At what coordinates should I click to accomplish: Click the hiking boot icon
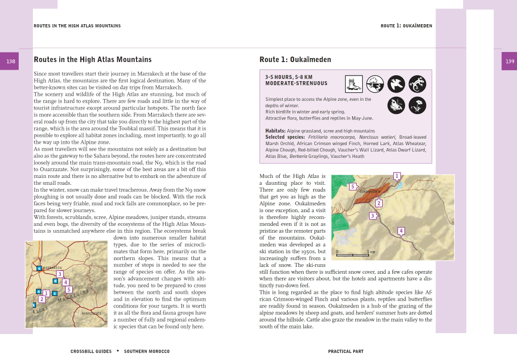(353, 84)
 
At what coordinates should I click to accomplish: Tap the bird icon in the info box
(396, 84)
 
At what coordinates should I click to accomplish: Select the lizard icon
(417, 84)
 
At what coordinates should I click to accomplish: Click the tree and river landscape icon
(375, 84)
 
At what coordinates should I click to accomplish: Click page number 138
(10, 61)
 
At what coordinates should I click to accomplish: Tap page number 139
(509, 61)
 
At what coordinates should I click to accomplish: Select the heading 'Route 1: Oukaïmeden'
(295, 60)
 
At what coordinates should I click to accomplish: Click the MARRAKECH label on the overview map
(52, 268)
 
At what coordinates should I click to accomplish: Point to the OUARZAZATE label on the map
(91, 314)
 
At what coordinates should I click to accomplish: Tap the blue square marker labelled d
(55, 281)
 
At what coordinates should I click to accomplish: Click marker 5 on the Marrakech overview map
(69, 289)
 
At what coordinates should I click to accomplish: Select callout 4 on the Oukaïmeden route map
(401, 231)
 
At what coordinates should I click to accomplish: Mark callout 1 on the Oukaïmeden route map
(397, 176)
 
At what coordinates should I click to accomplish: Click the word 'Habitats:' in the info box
(275, 131)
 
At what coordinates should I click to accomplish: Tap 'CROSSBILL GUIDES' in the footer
(91, 351)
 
